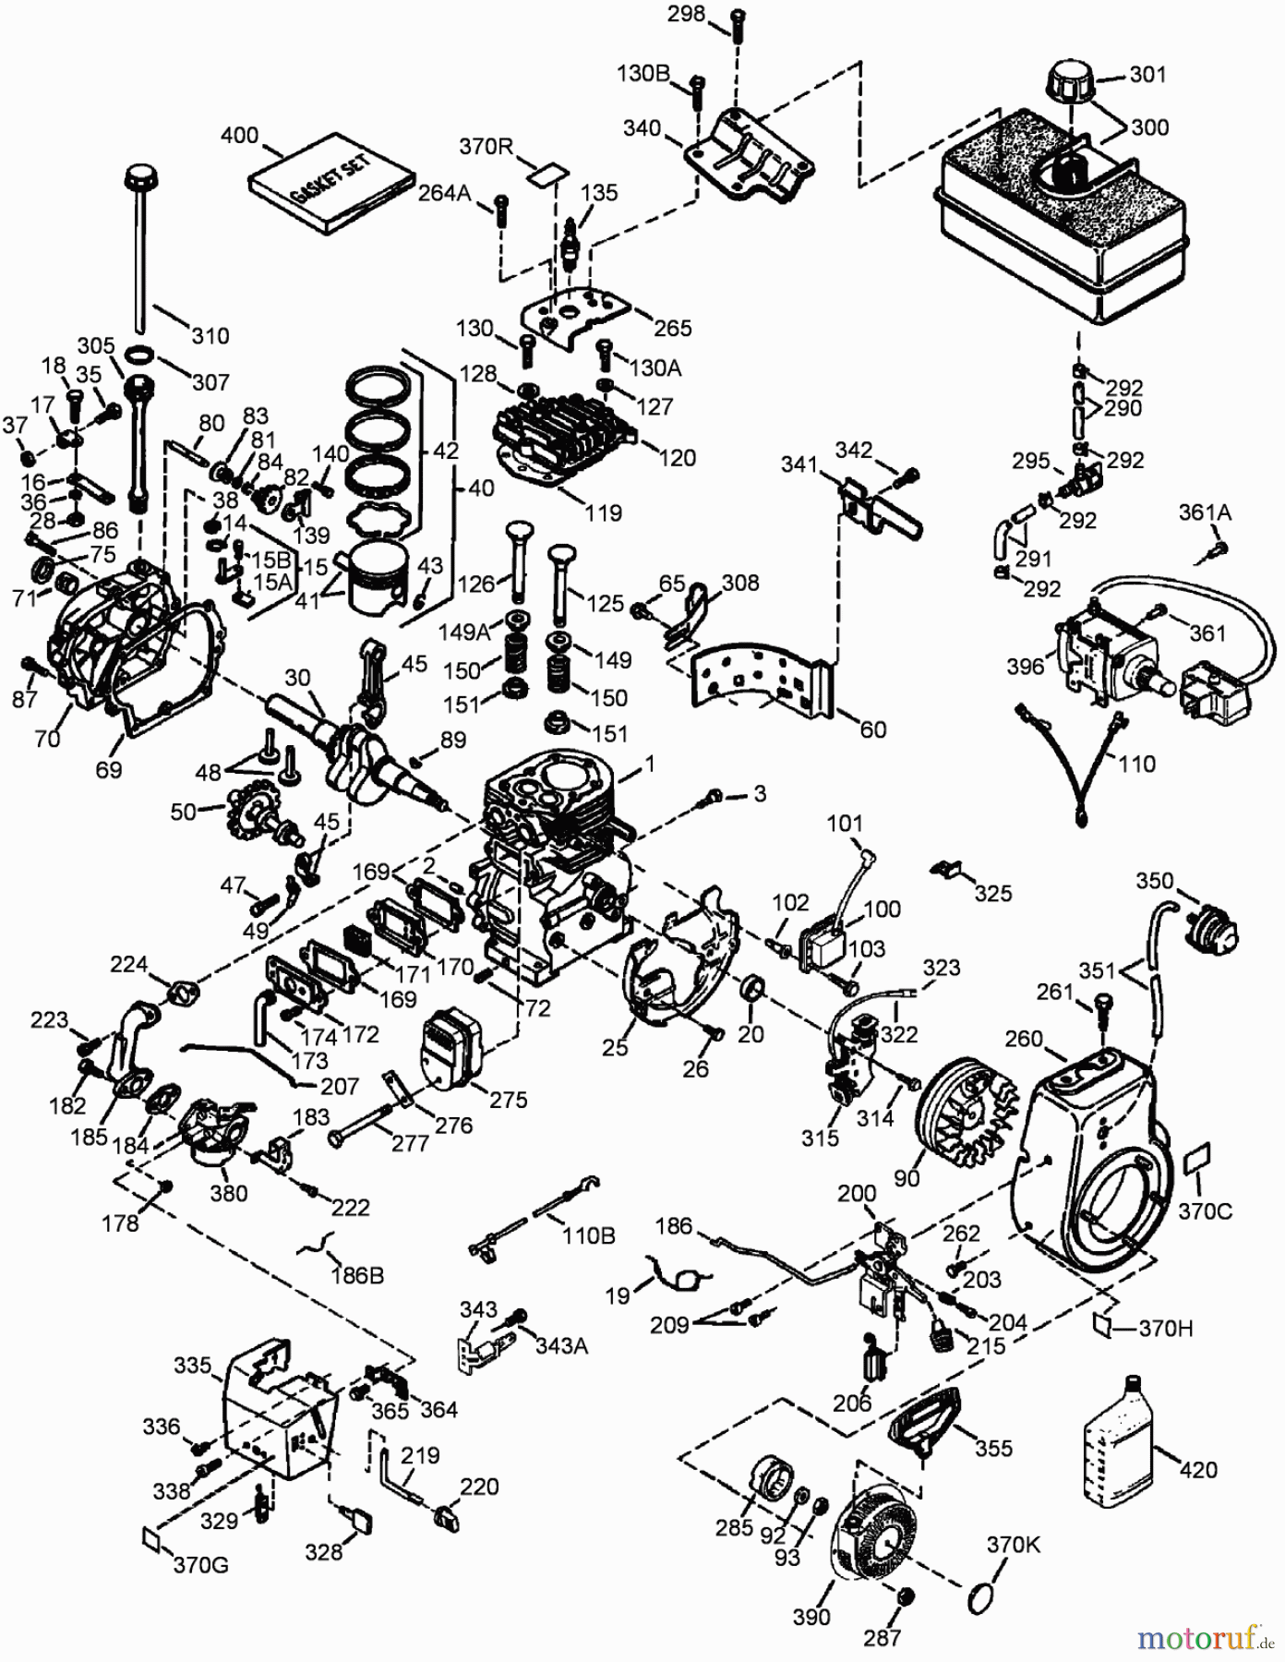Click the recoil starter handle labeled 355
click(924, 1423)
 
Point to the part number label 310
click(210, 334)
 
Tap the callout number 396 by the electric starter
click(1026, 666)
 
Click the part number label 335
click(193, 1365)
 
